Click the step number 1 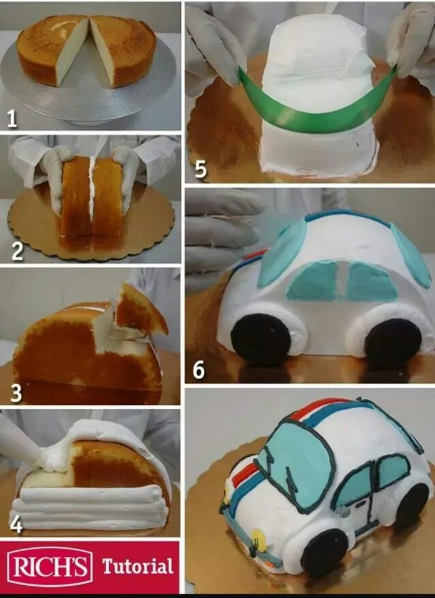12,118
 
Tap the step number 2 17,251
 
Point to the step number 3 16,393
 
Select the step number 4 16,524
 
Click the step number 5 201,169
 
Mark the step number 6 198,369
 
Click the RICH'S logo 50,566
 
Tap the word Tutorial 138,566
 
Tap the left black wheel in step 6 261,339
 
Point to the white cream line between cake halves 92,194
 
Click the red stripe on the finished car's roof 320,409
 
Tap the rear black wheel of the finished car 412,506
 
